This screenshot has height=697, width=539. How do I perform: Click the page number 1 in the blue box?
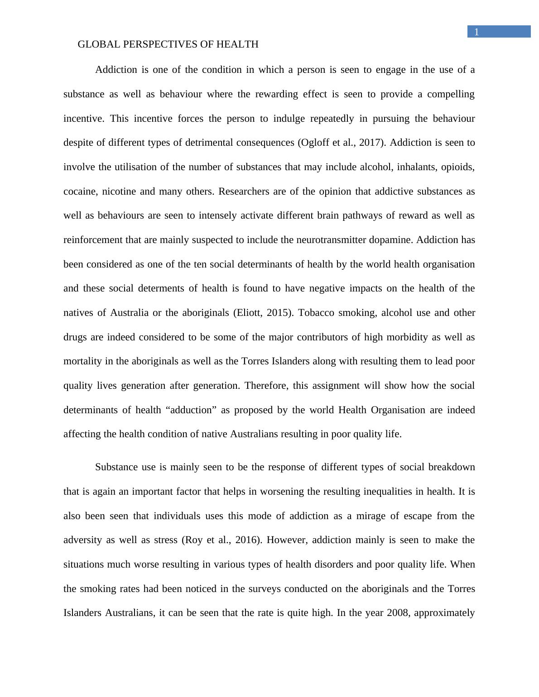[x=476, y=32]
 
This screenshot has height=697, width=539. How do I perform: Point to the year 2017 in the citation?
[x=371, y=143]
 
